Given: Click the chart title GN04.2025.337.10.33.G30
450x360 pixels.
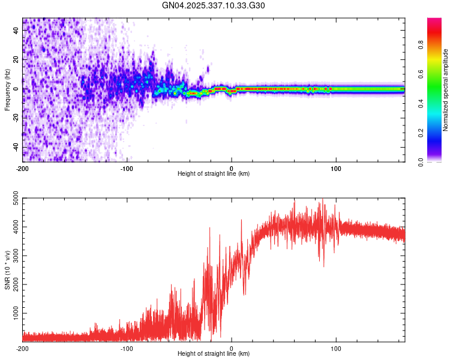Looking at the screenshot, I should pos(214,5).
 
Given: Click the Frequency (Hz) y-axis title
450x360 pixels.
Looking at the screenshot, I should pos(7,90).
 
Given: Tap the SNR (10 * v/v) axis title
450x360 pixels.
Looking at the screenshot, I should pos(7,270).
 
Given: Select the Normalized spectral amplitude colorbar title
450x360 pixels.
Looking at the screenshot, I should pos(445,90).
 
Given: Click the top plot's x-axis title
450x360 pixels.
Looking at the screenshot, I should pos(214,173).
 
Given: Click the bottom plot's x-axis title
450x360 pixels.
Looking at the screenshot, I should pos(214,353).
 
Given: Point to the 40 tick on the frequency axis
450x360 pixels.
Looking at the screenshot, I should pos(16,31).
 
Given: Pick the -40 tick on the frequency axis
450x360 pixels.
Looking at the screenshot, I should pos(15,148).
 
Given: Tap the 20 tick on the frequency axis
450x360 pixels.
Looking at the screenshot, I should pos(16,60).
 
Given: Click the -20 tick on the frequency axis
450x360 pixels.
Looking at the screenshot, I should pos(15,118).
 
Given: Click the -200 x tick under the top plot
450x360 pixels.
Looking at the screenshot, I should pos(23,168).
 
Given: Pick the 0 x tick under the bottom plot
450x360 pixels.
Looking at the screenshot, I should pos(232,348).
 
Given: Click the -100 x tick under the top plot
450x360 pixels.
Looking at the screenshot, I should pos(127,168).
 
